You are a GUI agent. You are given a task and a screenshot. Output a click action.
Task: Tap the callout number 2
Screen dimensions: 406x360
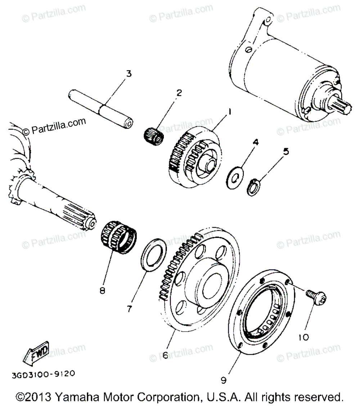[178, 93]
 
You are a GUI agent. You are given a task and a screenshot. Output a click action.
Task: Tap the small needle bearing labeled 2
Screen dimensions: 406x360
[154, 136]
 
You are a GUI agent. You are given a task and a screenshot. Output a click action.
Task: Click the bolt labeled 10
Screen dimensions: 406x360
[317, 298]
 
